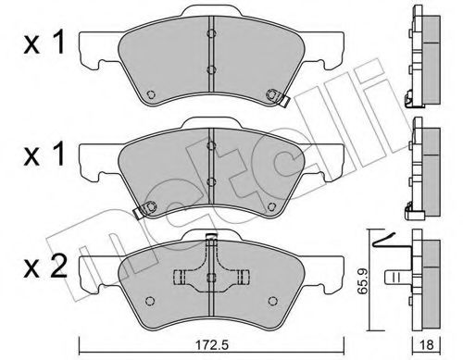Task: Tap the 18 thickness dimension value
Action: pyautogui.click(x=427, y=346)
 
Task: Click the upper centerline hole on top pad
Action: pyautogui.click(x=210, y=35)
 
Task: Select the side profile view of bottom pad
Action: pyautogui.click(x=428, y=278)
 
